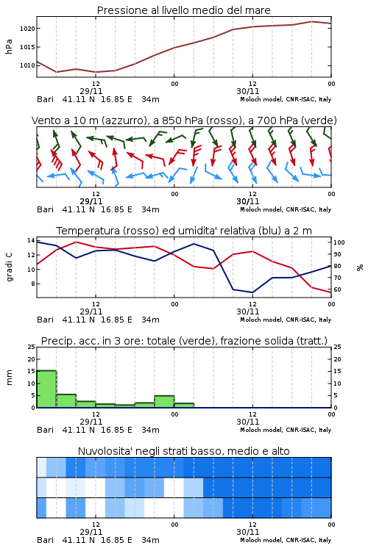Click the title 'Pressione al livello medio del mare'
coord(183,10)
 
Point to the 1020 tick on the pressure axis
coord(27,29)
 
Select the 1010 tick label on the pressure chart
coord(27,65)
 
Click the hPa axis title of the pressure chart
coord(9,46)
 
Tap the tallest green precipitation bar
coord(46,389)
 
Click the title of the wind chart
coord(184,120)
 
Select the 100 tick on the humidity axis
coord(339,242)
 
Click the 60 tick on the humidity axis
coord(337,289)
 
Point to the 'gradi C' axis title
coord(9,267)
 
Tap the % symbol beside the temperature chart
coord(360,267)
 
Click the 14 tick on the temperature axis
coord(31,240)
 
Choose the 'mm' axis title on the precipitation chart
coord(9,378)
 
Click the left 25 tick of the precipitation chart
coord(32,347)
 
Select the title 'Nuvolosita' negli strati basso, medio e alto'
coord(183,451)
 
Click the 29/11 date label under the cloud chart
coord(91,532)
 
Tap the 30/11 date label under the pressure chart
coord(248,91)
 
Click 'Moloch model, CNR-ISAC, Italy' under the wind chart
coord(286,209)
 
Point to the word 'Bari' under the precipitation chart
coord(45,430)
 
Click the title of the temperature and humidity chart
coord(184,231)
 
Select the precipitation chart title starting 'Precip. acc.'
coord(184,341)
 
